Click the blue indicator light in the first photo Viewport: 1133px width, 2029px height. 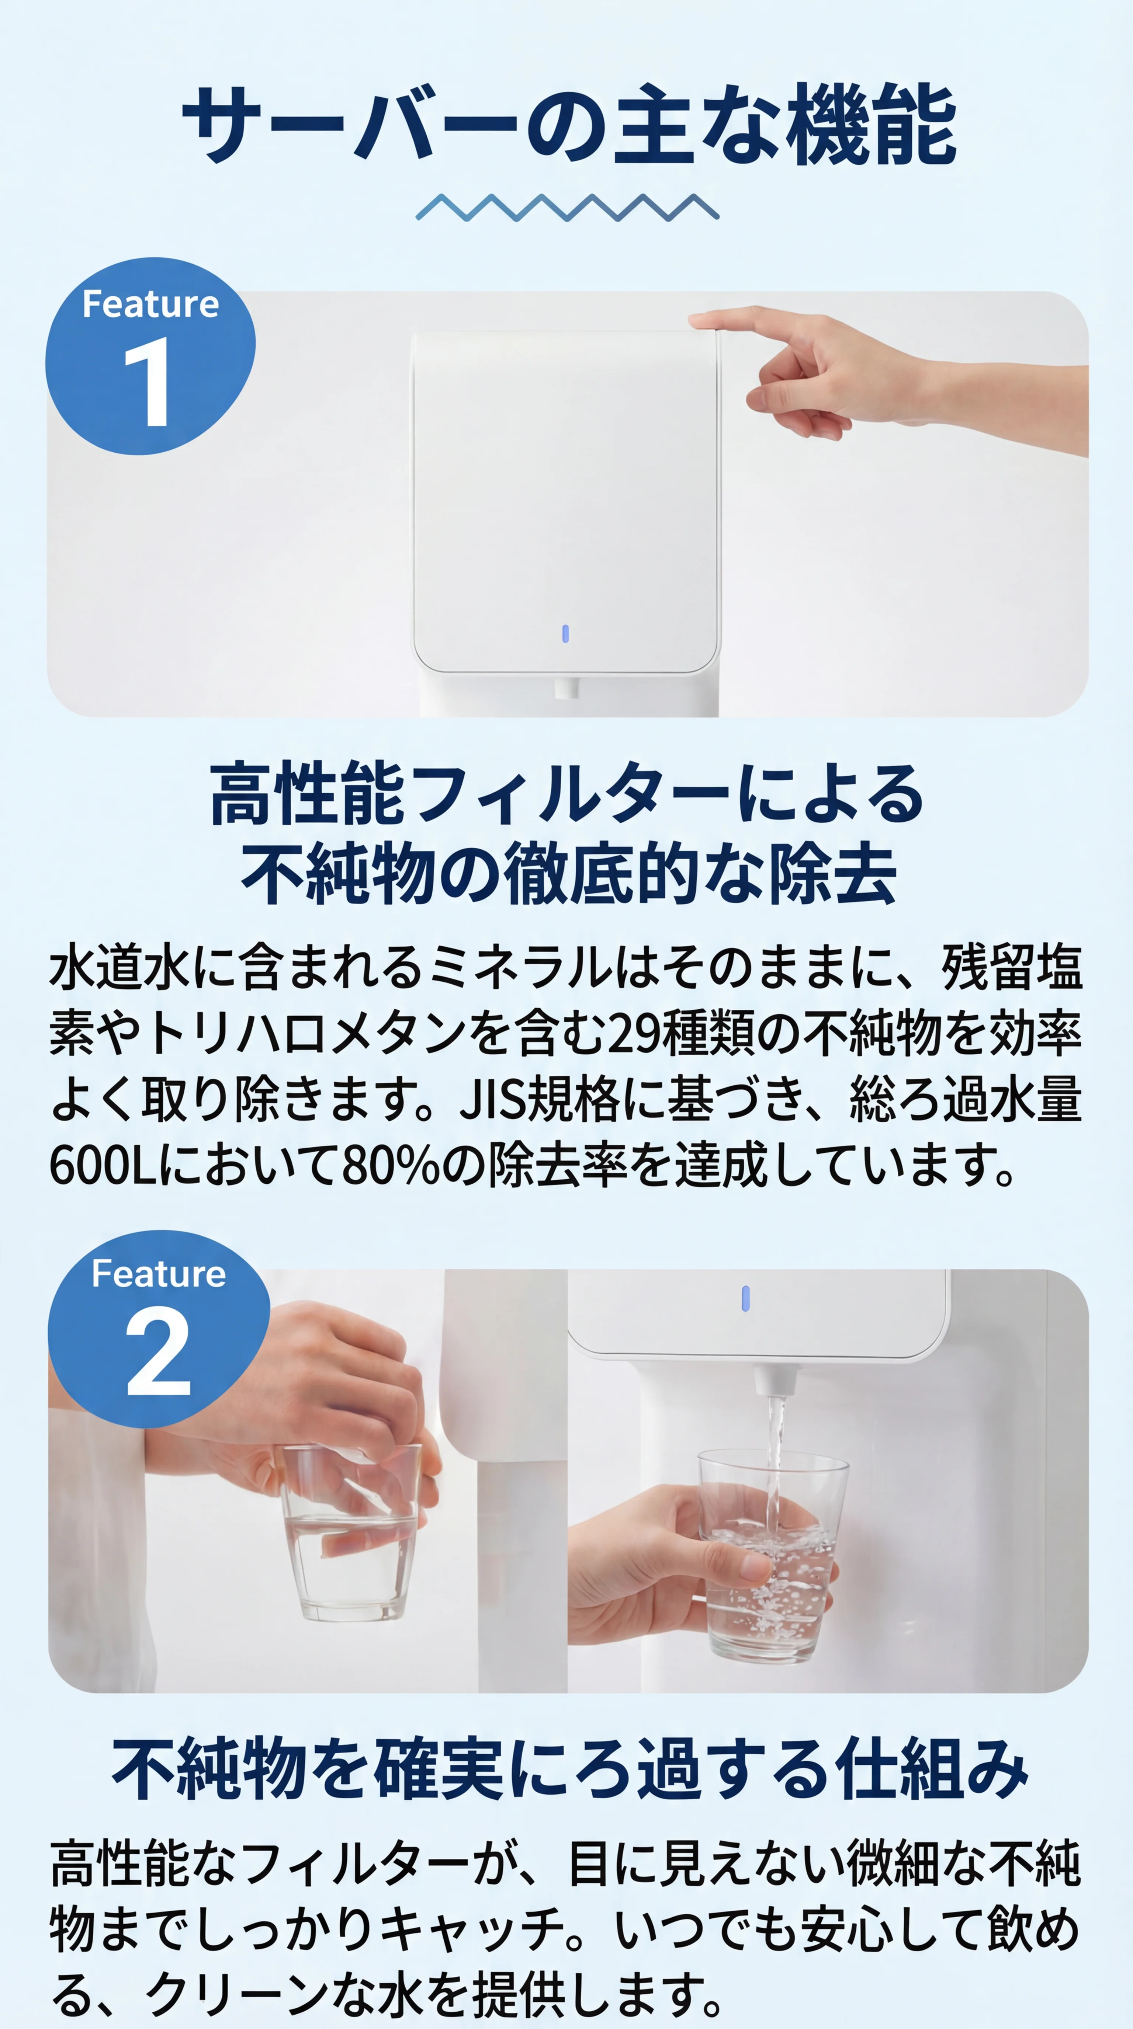pyautogui.click(x=565, y=633)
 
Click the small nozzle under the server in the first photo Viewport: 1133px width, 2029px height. pyautogui.click(x=566, y=688)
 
